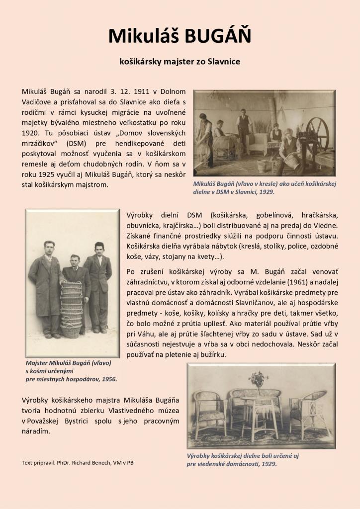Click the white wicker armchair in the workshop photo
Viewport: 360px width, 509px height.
coord(257,144)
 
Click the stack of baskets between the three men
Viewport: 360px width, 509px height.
coord(71,309)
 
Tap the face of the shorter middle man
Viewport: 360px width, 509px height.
coord(75,260)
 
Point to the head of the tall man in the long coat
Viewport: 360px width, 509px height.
coord(49,247)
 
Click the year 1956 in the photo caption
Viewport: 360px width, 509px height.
coord(107,379)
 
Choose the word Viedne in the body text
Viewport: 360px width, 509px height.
coord(325,225)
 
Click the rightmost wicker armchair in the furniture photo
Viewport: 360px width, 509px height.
coord(311,410)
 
